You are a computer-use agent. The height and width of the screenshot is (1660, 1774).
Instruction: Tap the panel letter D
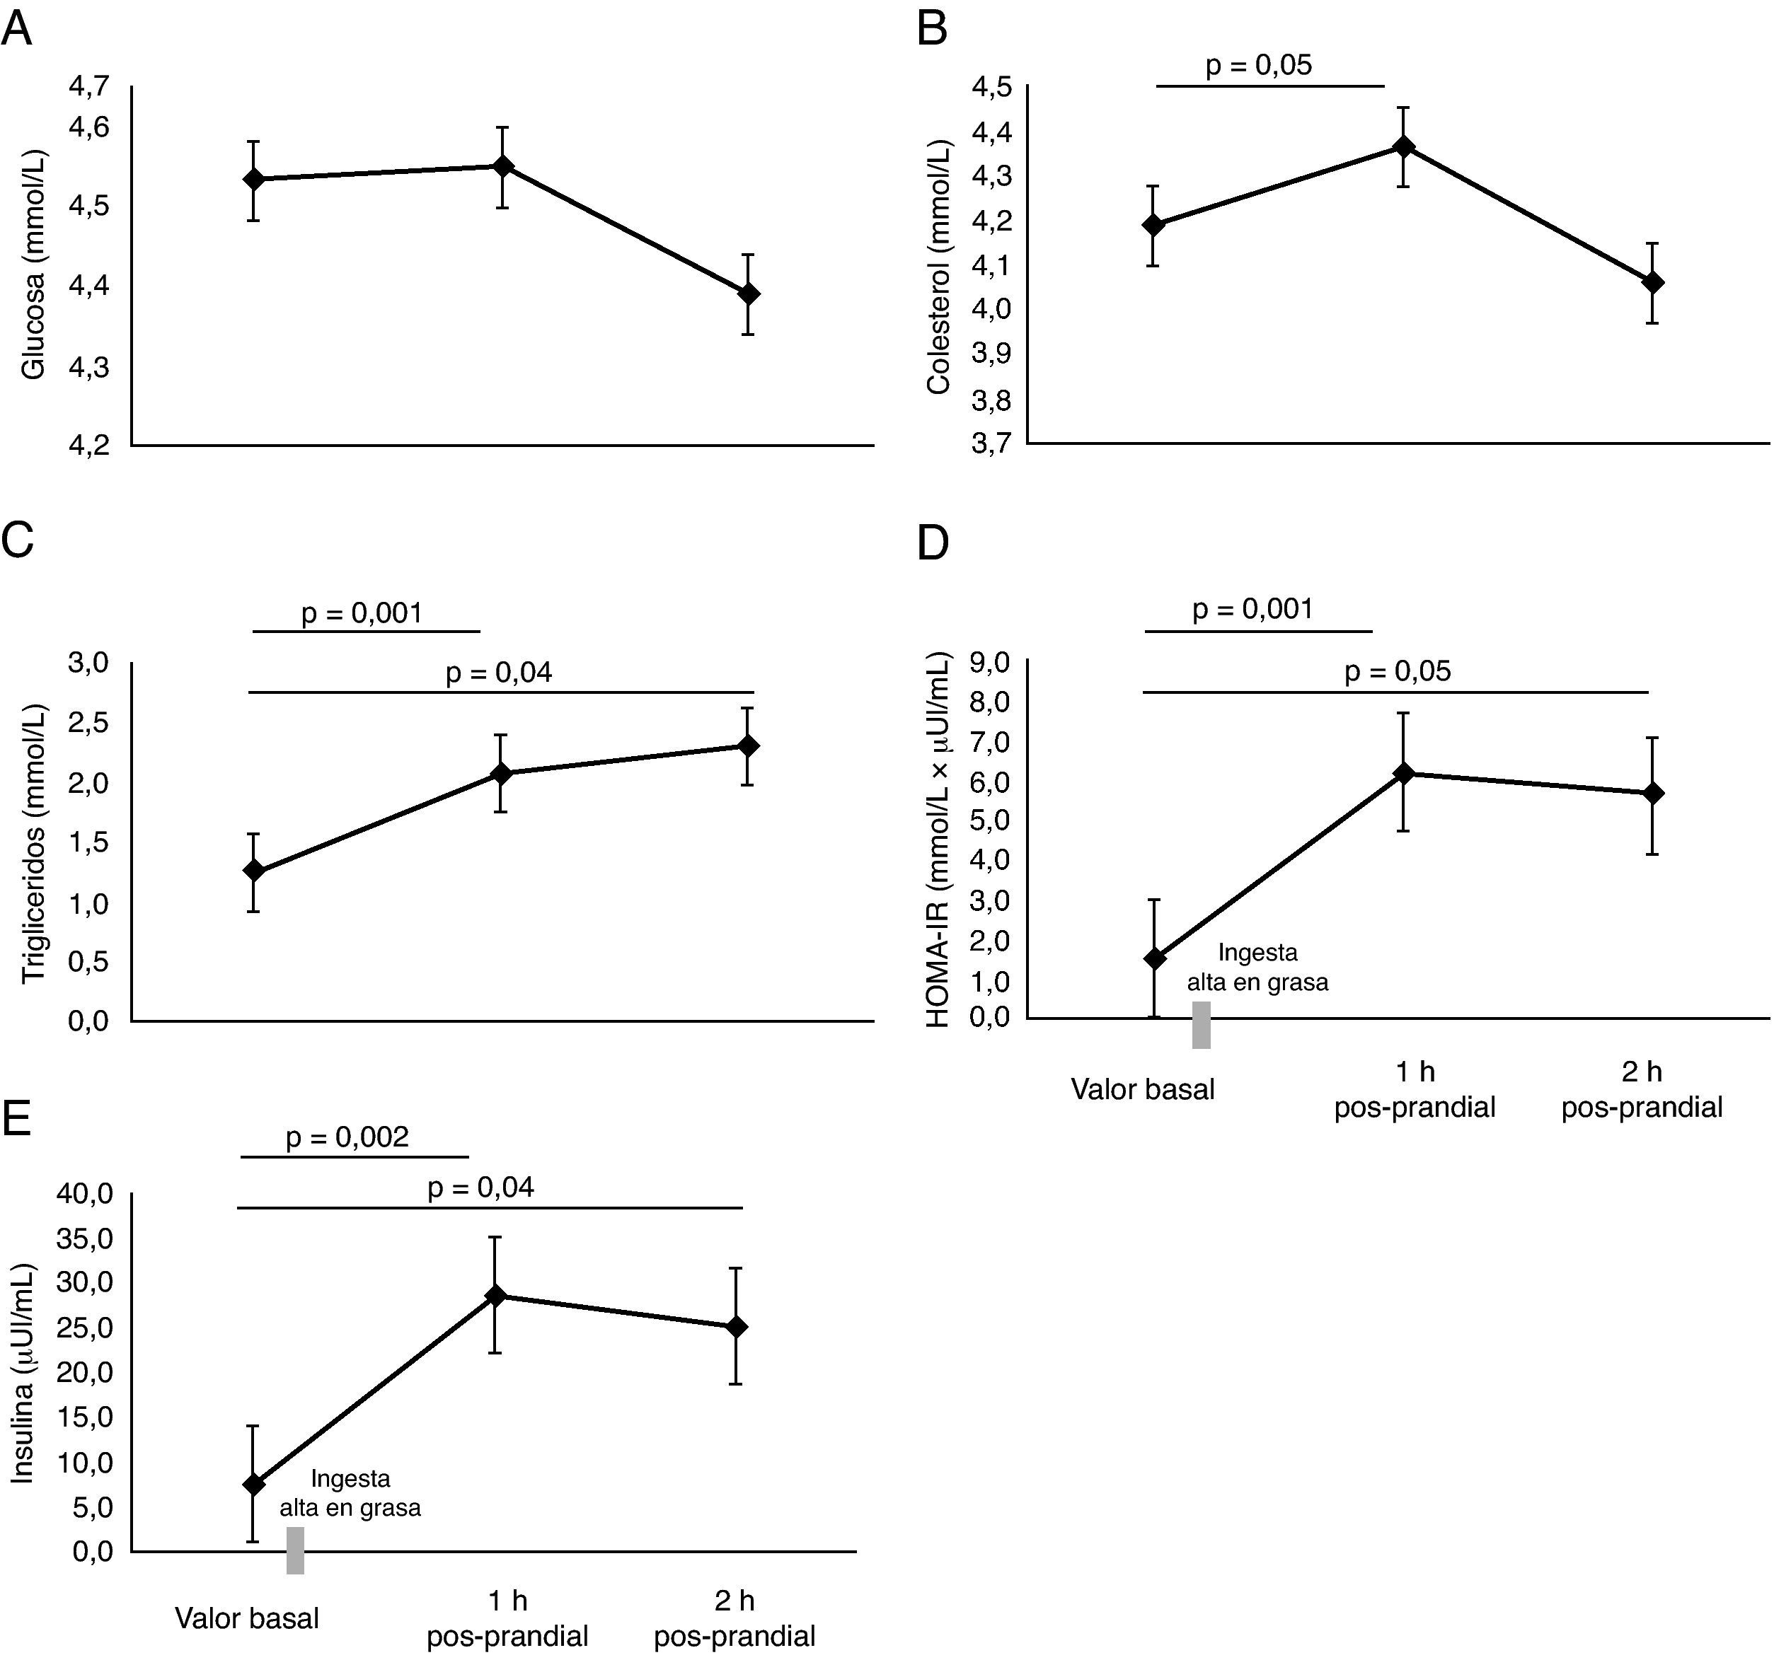coord(933,543)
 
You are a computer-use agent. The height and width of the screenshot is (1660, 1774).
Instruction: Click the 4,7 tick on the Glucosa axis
coord(89,86)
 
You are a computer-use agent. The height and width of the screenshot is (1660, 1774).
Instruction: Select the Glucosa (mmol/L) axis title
coord(34,265)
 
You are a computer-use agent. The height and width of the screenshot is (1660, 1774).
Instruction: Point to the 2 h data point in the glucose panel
coord(749,294)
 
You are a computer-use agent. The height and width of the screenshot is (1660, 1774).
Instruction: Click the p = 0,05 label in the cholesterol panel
coord(1258,65)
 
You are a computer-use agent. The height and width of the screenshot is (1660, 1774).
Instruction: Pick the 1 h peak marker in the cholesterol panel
coord(1405,146)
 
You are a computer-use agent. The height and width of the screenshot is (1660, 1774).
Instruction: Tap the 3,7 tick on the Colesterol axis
coord(991,443)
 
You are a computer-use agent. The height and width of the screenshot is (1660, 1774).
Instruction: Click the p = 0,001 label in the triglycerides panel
coord(362,614)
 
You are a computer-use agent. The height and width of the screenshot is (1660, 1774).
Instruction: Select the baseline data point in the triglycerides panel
coord(253,871)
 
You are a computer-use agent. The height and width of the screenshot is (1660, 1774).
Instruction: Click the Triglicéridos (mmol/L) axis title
coord(34,843)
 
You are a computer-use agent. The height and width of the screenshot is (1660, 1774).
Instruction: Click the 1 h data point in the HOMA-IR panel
coord(1405,772)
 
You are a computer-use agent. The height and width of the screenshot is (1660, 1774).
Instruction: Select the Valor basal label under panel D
coord(1142,1089)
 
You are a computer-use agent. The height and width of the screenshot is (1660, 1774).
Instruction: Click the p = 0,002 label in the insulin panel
coord(347,1137)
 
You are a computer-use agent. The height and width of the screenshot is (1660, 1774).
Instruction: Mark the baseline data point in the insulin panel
coord(253,1485)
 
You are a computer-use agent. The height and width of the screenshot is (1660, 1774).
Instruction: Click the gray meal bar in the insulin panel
coord(295,1550)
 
